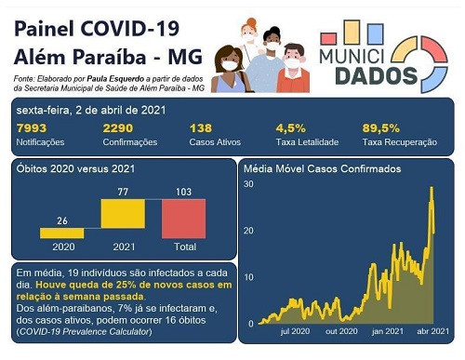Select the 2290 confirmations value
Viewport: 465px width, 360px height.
tap(118, 128)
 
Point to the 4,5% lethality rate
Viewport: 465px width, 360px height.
tap(290, 128)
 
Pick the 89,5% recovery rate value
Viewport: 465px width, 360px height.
tap(380, 128)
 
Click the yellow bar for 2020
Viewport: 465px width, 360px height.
tap(61, 233)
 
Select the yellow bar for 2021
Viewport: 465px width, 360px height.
tap(121, 216)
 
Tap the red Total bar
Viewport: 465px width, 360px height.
tap(183, 219)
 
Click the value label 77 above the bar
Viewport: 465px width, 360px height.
tap(121, 190)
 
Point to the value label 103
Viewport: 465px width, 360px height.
tap(183, 190)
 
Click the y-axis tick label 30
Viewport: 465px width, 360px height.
tap(248, 184)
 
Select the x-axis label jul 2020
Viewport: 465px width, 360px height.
tap(295, 331)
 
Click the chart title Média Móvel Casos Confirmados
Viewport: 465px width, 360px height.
tap(322, 169)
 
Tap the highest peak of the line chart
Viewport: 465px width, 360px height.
tap(432, 189)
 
